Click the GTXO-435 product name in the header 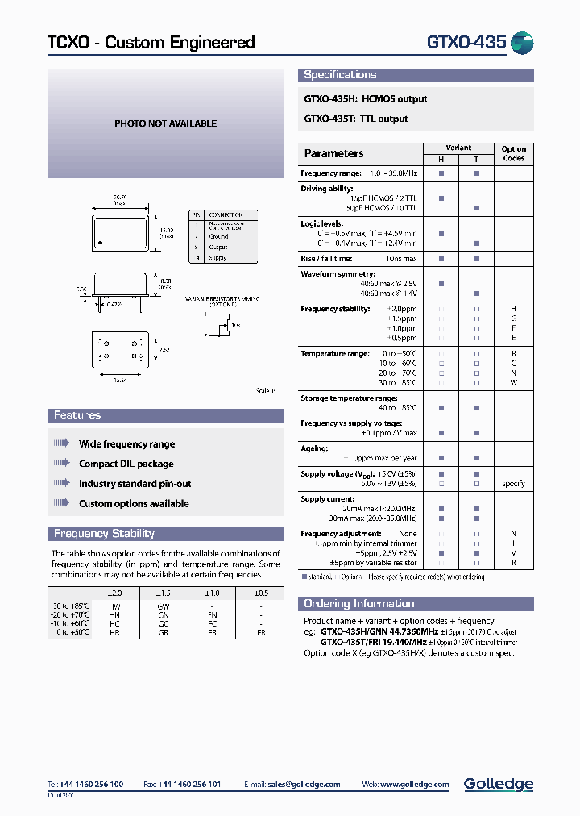pos(466,43)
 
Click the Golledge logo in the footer pos(498,784)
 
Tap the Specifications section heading pos(340,75)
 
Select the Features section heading pos(77,416)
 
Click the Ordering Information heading pos(358,604)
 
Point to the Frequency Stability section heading pos(104,534)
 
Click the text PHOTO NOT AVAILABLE pos(165,123)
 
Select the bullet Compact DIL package pos(126,464)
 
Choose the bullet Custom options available pos(134,504)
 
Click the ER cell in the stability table pos(260,634)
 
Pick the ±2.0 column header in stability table pos(115,593)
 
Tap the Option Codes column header pos(513,153)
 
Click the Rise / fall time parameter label pos(326,259)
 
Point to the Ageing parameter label pos(314,448)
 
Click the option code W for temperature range pos(513,383)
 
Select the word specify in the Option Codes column pos(513,484)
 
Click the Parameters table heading pos(333,153)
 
